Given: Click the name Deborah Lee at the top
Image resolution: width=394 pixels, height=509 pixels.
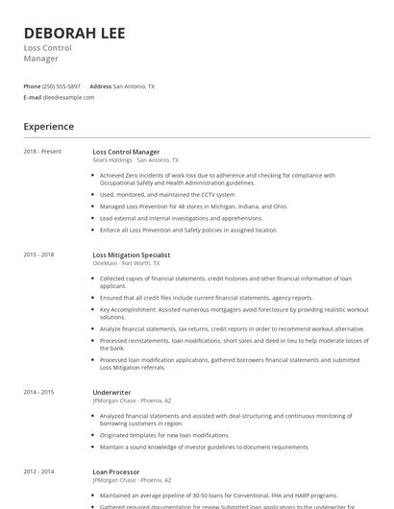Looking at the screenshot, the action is tap(74, 33).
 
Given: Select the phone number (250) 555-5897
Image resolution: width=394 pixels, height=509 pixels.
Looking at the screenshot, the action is tap(62, 85).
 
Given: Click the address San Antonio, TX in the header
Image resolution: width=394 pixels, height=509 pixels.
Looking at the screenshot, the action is tap(134, 85).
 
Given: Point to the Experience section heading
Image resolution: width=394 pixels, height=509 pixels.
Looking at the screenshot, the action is tap(48, 127).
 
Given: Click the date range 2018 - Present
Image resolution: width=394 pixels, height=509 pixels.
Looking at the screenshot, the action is tap(42, 152).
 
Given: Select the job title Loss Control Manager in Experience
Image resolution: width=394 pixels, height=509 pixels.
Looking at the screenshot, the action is tap(126, 152).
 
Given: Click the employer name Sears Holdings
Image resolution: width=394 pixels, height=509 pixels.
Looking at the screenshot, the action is tap(112, 159).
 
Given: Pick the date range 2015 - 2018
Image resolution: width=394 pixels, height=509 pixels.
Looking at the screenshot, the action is tap(38, 254).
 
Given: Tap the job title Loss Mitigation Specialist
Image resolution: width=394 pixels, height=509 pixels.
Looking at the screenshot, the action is tap(131, 254).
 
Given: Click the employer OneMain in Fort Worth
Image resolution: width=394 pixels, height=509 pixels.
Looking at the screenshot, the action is tap(105, 262).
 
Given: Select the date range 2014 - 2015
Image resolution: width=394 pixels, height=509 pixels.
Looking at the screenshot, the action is tap(38, 392).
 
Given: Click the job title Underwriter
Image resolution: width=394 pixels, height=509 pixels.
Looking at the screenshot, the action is tap(111, 392).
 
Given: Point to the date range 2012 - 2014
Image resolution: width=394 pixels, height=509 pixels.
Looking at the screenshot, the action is tap(38, 472).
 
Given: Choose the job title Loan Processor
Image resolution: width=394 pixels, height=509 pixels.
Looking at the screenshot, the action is tap(116, 472).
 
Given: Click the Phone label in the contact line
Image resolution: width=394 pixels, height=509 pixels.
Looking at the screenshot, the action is tap(33, 85).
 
